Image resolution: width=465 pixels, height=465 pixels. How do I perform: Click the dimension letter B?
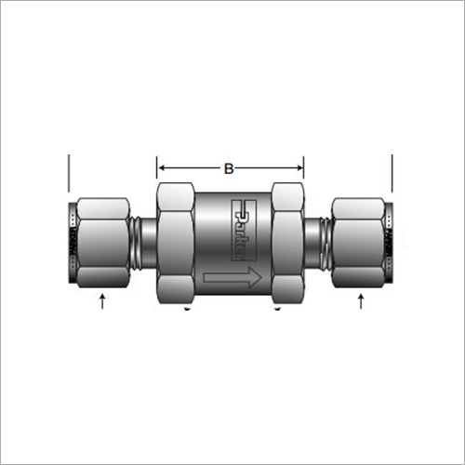point(229,168)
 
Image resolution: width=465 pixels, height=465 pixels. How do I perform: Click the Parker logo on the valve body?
point(244,230)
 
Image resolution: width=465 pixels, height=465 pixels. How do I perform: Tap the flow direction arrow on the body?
point(232,277)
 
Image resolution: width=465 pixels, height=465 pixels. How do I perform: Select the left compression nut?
point(103,243)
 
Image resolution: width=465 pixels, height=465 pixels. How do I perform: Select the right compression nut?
point(358,243)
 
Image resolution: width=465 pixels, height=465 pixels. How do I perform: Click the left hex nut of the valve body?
point(176,243)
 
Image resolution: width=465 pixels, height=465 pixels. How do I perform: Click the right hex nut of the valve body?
point(287,243)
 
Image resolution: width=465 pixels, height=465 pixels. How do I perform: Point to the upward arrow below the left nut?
point(102,301)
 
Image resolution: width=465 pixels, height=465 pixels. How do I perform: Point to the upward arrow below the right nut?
point(361,301)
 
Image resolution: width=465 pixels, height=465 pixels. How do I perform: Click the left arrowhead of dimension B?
point(162,168)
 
